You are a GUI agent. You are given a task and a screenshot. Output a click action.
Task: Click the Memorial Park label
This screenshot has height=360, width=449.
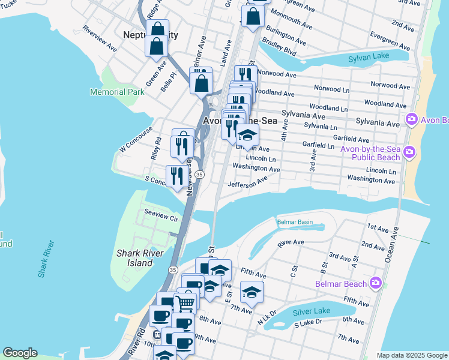tap(117, 92)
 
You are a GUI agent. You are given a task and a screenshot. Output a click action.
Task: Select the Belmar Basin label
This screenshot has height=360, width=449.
tap(295, 222)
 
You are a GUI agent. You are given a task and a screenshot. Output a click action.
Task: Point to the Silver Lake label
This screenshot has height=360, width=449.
tap(311, 311)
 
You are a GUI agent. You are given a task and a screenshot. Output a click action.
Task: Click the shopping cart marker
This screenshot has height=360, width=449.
tap(185, 303)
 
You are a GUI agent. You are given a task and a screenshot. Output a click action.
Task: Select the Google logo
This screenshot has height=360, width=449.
tap(20, 353)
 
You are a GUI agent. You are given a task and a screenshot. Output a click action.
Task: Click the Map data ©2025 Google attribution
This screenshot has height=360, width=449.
tap(411, 355)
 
